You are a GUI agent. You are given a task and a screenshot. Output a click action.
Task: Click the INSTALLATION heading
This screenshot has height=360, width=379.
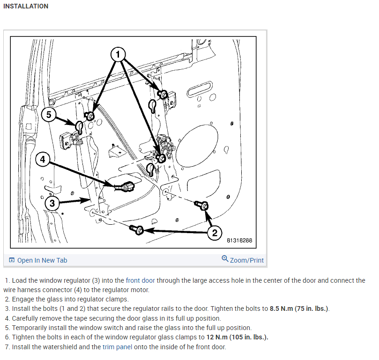[x=25, y=6]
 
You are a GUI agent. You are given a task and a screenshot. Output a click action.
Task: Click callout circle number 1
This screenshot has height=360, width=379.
[x=119, y=54]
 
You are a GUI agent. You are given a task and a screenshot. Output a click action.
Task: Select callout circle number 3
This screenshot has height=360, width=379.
[x=53, y=203]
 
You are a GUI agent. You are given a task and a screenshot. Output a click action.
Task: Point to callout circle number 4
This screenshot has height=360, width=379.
[x=43, y=159]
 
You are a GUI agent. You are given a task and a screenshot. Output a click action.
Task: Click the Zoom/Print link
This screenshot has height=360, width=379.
[x=246, y=260]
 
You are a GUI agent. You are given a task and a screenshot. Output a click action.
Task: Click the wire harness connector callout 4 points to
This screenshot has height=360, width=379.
[x=126, y=186]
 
